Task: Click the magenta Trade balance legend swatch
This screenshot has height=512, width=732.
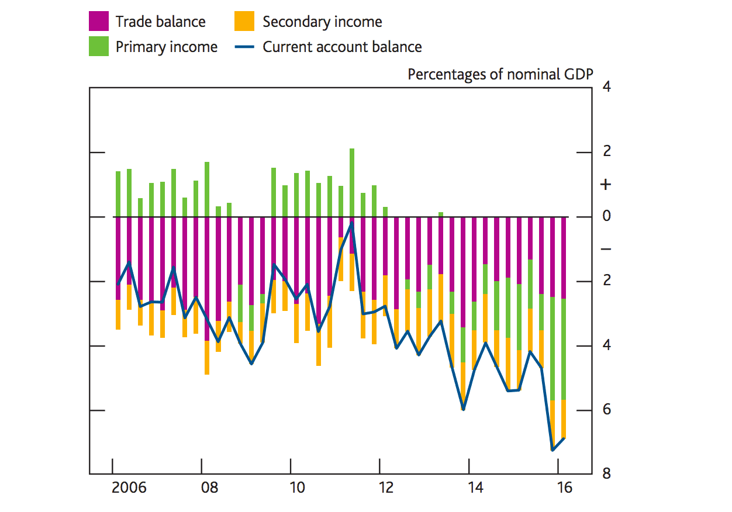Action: coord(99,22)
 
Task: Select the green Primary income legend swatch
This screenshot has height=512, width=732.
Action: coord(99,47)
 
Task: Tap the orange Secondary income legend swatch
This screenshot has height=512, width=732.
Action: coord(244,22)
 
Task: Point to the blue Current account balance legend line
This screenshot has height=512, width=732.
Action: coord(244,47)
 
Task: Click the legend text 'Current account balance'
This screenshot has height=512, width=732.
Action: coord(342,47)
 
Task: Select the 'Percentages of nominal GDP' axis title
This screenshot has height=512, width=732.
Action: coord(500,74)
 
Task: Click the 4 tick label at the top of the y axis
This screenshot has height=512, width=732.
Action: coord(606,88)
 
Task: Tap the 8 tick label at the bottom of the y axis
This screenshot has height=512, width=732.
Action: coord(606,473)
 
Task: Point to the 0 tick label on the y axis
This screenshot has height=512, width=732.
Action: coord(606,216)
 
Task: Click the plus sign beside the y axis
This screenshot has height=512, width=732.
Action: coord(606,185)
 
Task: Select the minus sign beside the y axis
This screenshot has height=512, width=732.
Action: coord(606,249)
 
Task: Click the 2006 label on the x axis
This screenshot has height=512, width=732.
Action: coord(129,487)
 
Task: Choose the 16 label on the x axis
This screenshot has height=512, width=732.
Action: coord(564,487)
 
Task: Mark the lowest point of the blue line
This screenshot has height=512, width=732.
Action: coord(553,449)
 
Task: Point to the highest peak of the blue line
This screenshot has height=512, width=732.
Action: coord(352,224)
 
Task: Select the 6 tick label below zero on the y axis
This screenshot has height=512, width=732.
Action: coord(606,409)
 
